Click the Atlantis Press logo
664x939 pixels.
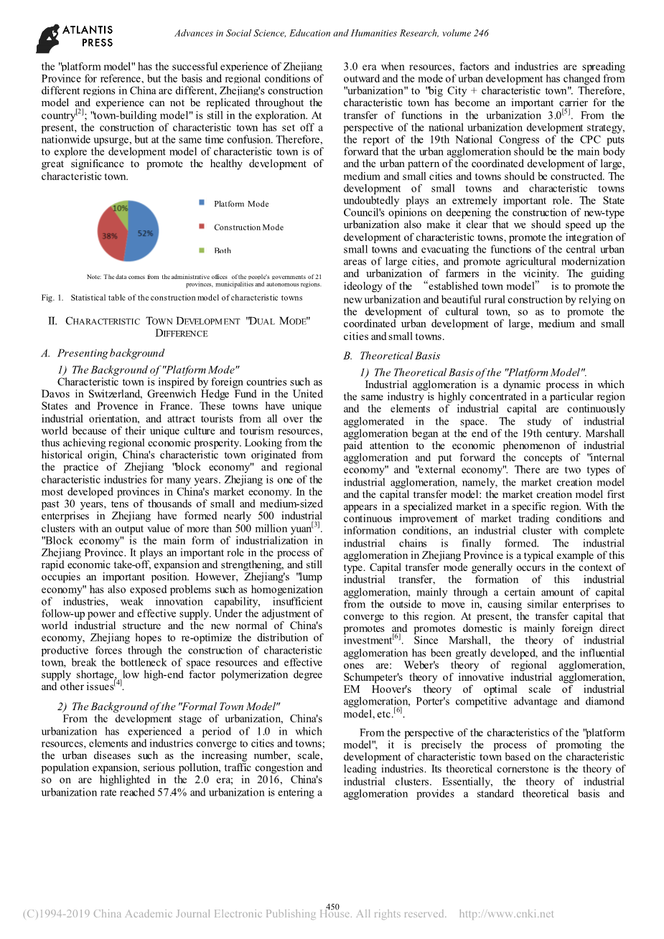[75, 37]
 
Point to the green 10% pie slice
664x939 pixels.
[120, 210]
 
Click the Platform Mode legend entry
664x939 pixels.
[240, 204]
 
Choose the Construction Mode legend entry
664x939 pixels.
[248, 227]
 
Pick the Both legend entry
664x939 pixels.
[222, 250]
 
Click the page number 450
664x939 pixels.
[332, 907]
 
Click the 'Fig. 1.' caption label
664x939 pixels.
[53, 298]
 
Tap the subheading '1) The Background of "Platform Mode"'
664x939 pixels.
[148, 369]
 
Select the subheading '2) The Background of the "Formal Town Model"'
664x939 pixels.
[169, 707]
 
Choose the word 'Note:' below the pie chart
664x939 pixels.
[94, 277]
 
